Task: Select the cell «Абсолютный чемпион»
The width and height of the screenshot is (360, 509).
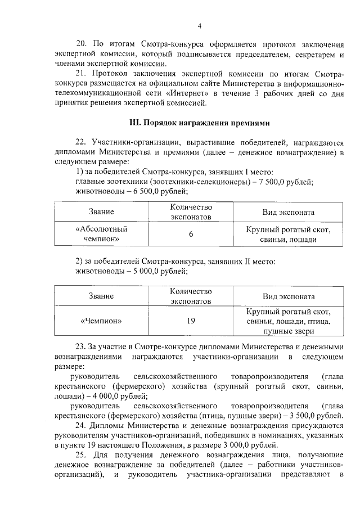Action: (x=101, y=233)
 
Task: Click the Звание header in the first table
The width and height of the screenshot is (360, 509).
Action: (x=101, y=212)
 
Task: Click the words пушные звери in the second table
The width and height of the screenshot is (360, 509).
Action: (x=289, y=332)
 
